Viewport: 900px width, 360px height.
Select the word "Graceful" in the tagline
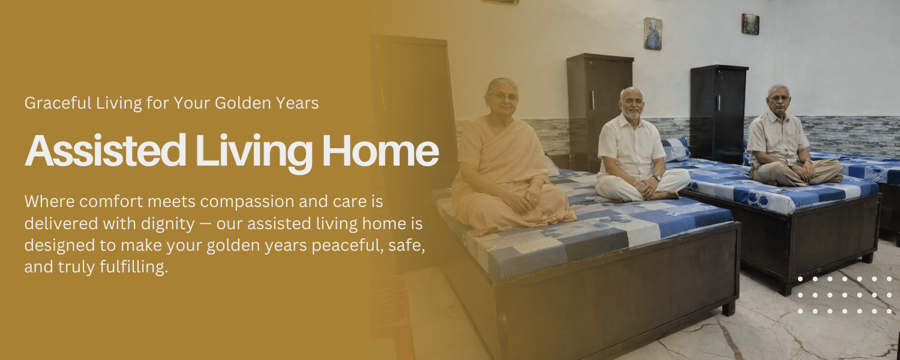[58, 103]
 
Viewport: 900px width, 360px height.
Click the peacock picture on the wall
[653, 34]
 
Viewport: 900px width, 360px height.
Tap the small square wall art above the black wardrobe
[750, 24]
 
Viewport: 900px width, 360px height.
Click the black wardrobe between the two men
[719, 108]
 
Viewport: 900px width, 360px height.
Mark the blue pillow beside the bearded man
[676, 149]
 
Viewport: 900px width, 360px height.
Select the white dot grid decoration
[845, 295]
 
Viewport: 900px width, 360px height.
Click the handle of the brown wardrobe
[592, 100]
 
